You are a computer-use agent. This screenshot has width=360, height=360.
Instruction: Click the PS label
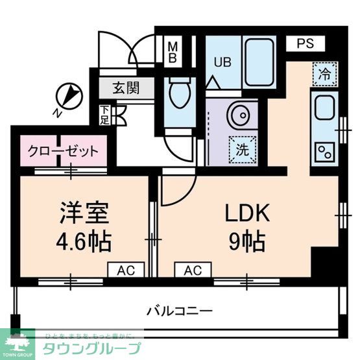coord(306,44)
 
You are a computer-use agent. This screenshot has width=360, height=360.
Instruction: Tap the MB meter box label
coord(173,52)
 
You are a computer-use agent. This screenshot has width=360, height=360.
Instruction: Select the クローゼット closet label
coord(63,152)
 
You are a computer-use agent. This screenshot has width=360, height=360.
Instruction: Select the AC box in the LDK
coord(192,269)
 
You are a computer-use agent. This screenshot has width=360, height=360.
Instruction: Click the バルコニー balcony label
coord(180,310)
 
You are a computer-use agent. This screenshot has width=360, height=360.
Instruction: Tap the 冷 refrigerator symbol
coord(324,73)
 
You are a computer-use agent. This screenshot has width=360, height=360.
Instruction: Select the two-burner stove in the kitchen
coord(324,153)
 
